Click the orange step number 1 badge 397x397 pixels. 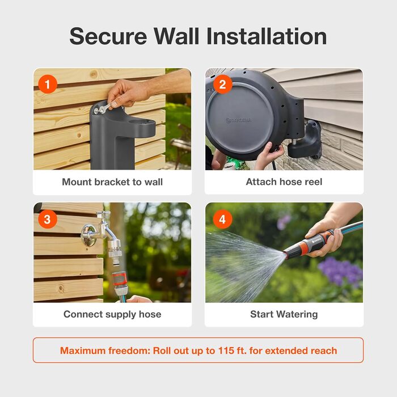[x=48, y=84]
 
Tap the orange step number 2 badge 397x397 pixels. [x=222, y=85]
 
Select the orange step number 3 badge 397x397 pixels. [x=48, y=219]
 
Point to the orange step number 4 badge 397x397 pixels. [x=222, y=219]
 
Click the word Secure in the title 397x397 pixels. [x=108, y=36]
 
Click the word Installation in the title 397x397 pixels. [x=267, y=36]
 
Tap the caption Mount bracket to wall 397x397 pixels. [x=112, y=182]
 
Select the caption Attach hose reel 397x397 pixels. [x=284, y=181]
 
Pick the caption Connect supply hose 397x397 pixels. [x=112, y=314]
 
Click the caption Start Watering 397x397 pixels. [x=284, y=314]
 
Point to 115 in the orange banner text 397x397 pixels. [x=226, y=350]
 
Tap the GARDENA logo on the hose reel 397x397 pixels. [x=238, y=120]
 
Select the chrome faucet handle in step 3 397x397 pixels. [x=103, y=213]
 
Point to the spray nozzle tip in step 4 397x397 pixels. [x=285, y=255]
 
